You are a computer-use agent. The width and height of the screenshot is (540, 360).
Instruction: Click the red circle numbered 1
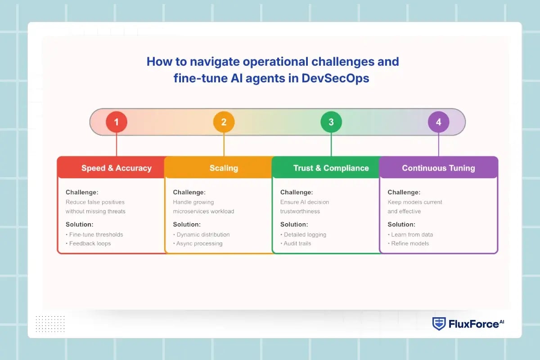point(117,122)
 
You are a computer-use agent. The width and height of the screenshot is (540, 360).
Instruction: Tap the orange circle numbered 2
point(224,122)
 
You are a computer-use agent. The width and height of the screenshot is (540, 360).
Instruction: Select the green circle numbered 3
point(331,122)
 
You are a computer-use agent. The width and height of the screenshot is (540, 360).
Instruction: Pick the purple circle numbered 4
point(438,122)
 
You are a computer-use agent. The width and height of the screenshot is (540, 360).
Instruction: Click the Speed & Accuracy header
point(116,168)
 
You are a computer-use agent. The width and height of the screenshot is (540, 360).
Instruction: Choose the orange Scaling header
point(224,168)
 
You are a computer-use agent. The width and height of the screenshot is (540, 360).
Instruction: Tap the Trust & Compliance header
point(331,168)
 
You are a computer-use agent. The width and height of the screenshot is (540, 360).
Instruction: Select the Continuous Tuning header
point(438,168)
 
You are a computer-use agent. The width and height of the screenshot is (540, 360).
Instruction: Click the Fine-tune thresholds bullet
point(95,234)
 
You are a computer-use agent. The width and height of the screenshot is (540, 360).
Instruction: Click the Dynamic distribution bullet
point(202,234)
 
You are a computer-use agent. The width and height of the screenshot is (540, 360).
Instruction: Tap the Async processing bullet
point(199,243)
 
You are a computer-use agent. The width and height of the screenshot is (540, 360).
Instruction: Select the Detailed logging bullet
point(305,234)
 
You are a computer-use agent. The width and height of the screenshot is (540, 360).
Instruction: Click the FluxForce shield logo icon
point(439,324)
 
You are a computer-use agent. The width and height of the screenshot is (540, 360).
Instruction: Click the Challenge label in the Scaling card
point(189,192)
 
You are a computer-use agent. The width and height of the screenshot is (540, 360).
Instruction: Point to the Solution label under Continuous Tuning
point(401,224)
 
